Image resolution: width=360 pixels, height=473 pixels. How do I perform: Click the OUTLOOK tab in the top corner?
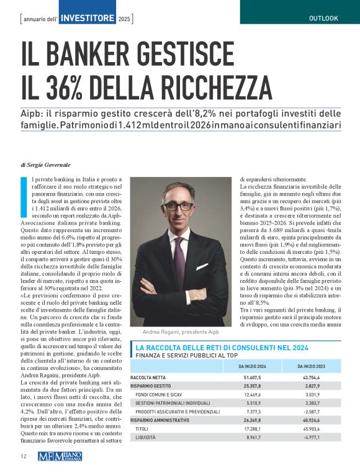[x=323, y=18]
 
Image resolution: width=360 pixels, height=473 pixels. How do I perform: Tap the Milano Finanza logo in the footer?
[x=60, y=457]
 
